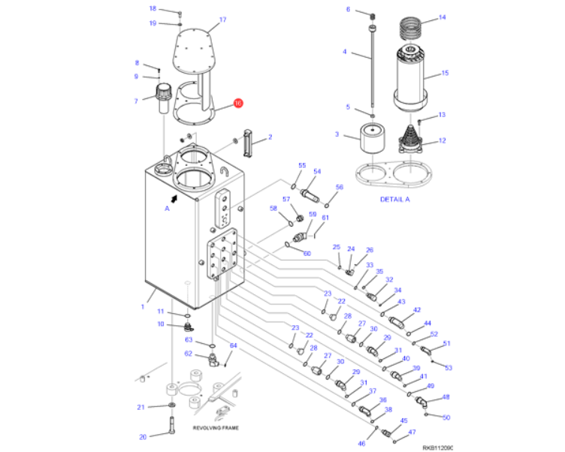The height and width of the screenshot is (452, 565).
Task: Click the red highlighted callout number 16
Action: [x=238, y=104]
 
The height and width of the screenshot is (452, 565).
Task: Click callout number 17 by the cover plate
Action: [x=222, y=20]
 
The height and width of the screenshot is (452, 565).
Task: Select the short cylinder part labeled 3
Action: [x=372, y=138]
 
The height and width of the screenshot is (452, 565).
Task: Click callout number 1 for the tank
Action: [x=141, y=306]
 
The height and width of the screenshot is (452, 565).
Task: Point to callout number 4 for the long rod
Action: [x=345, y=52]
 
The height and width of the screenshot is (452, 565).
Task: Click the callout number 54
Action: [x=317, y=172]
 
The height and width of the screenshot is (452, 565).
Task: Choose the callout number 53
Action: [x=449, y=368]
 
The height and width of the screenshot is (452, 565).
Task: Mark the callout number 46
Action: [x=361, y=444]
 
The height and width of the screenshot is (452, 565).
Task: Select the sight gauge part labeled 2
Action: [x=252, y=138]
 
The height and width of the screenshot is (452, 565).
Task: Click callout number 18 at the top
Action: [x=152, y=9]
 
